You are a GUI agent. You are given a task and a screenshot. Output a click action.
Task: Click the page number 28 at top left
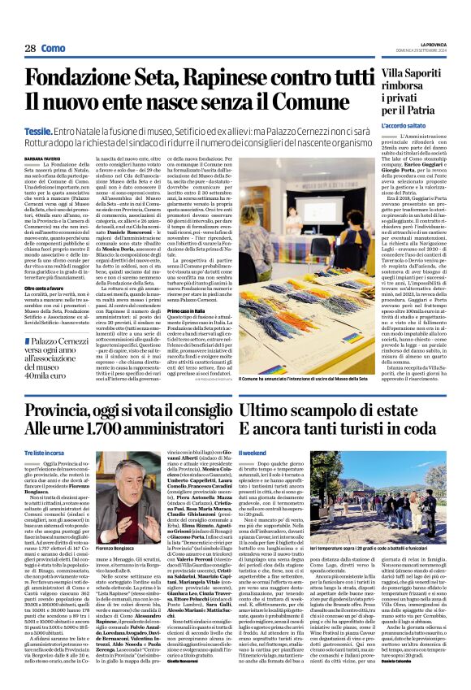point(30,50)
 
